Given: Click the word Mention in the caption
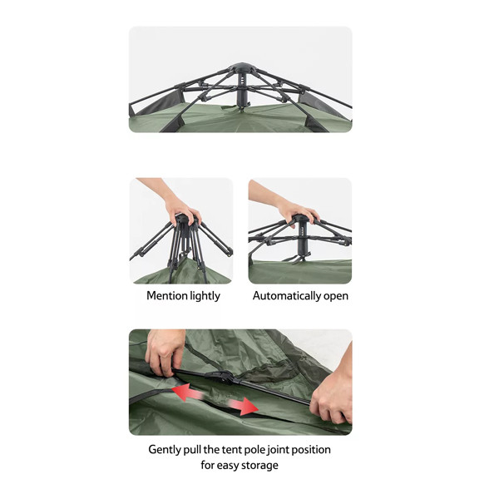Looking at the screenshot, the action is click(x=167, y=295).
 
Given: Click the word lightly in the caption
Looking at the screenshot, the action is click(x=205, y=296).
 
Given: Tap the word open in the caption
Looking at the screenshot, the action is click(x=336, y=297).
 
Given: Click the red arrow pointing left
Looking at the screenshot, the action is click(x=188, y=392).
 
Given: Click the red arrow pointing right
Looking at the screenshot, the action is click(x=243, y=406).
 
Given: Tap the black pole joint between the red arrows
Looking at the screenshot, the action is click(x=221, y=377).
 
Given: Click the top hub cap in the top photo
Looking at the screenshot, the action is click(x=242, y=67).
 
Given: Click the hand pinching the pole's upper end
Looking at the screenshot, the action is click(x=164, y=352).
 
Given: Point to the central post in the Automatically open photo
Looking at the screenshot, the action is click(x=302, y=238).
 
